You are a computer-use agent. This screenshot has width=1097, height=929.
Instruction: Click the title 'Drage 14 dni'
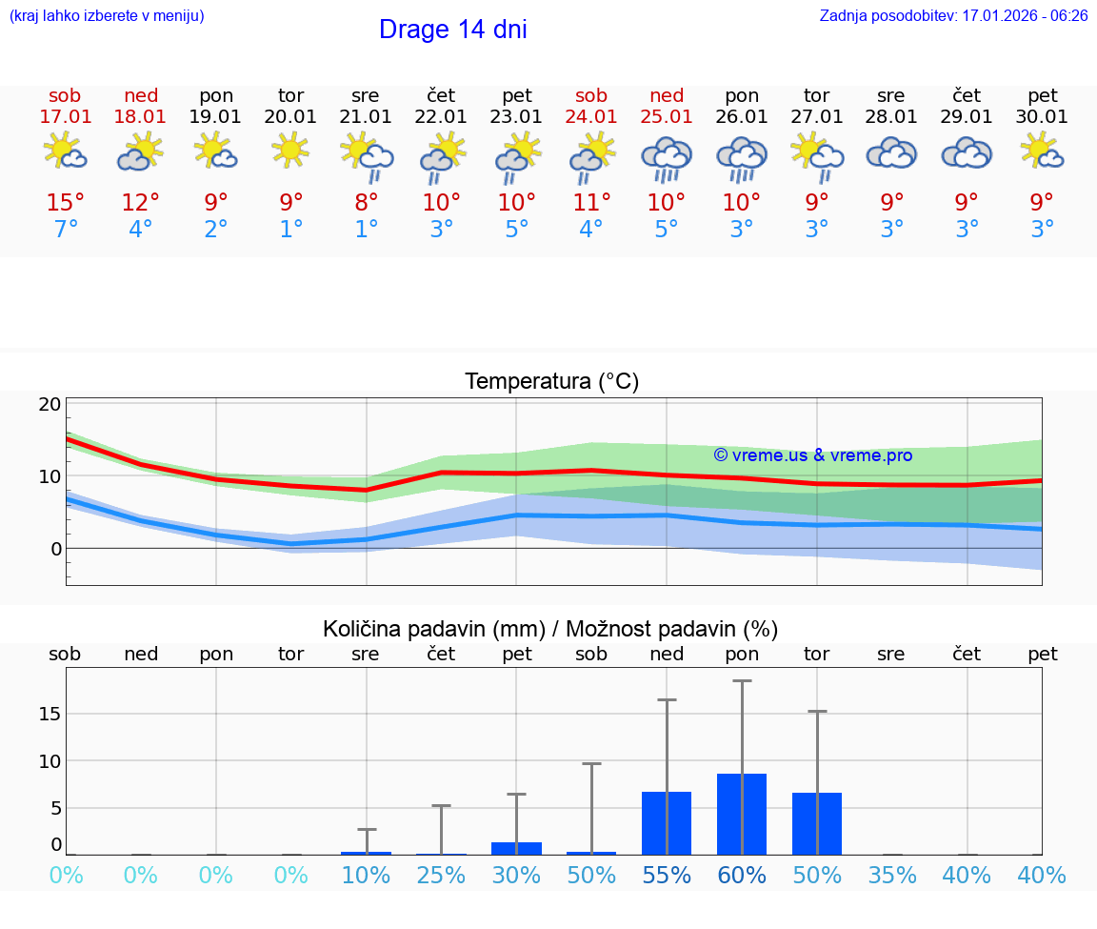pyautogui.click(x=452, y=30)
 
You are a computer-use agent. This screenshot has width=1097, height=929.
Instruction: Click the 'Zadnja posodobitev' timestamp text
pyautogui.click(x=953, y=16)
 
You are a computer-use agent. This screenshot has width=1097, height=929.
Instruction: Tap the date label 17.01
pyautogui.click(x=66, y=117)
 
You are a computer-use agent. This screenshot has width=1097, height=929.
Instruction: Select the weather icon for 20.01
pyautogui.click(x=290, y=150)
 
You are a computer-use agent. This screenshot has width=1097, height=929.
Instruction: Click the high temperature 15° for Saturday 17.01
pyautogui.click(x=66, y=202)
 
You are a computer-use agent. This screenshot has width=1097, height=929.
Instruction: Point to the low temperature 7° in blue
pyautogui.click(x=66, y=230)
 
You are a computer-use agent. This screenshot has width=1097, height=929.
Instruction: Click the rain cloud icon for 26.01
pyautogui.click(x=742, y=157)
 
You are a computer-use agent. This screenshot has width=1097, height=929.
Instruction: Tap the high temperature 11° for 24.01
pyautogui.click(x=591, y=202)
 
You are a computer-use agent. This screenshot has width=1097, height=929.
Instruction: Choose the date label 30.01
pyautogui.click(x=1042, y=117)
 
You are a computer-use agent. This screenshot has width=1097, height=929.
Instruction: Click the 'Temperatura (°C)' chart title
pyautogui.click(x=551, y=382)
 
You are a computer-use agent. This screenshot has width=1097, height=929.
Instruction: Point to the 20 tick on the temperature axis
pyautogui.click(x=50, y=404)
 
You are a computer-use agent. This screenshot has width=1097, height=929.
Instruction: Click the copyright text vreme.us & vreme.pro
pyautogui.click(x=812, y=455)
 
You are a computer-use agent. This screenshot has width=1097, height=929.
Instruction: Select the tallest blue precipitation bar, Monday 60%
pyautogui.click(x=742, y=814)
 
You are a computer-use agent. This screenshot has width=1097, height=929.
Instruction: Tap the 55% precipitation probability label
pyautogui.click(x=667, y=876)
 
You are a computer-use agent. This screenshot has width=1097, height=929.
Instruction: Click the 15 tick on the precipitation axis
pyautogui.click(x=50, y=714)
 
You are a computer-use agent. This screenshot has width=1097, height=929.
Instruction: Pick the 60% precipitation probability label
pyautogui.click(x=742, y=876)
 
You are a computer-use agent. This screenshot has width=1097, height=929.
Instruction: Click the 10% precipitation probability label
pyautogui.click(x=366, y=876)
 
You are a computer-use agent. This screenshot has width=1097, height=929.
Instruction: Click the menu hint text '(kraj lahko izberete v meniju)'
pyautogui.click(x=107, y=16)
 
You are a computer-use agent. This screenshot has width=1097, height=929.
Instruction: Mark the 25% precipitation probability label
pyautogui.click(x=441, y=876)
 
